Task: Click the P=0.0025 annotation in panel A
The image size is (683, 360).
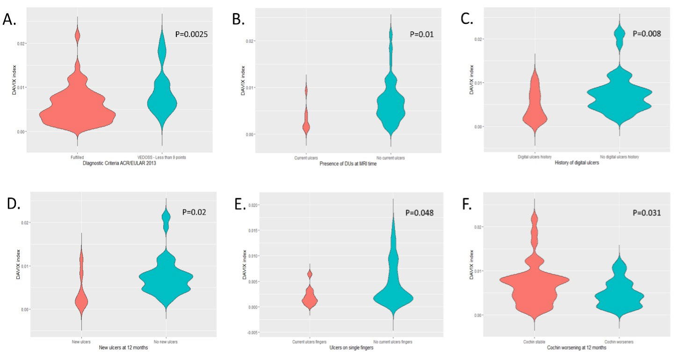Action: (194, 34)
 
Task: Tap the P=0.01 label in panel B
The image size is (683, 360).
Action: (422, 34)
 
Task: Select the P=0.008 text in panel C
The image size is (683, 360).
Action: (647, 33)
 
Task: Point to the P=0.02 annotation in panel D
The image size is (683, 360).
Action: (193, 212)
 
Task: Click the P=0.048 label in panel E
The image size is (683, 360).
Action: (420, 213)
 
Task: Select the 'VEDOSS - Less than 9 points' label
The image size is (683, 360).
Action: (162, 158)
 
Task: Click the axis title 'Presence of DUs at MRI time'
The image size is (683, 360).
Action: (348, 164)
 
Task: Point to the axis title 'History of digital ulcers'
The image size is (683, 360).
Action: (576, 163)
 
